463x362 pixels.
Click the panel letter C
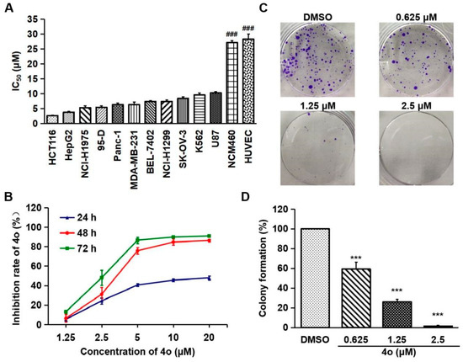[x=286, y=8]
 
